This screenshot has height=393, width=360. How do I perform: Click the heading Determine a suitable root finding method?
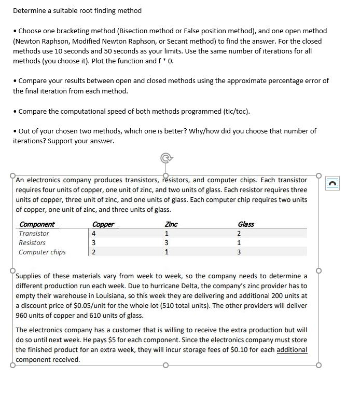pyautogui.click(x=77, y=10)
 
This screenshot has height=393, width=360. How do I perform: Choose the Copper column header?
pyautogui.click(x=103, y=224)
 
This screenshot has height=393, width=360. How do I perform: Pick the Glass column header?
pyautogui.click(x=245, y=224)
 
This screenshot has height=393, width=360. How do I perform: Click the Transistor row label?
pyautogui.click(x=34, y=234)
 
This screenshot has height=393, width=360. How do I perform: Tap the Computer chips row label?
pyautogui.click(x=42, y=252)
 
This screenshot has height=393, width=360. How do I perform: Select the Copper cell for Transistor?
pyautogui.click(x=93, y=234)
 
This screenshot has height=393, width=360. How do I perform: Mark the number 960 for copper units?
pyautogui.click(x=22, y=315)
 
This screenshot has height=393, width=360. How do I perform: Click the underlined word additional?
pyautogui.click(x=292, y=350)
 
